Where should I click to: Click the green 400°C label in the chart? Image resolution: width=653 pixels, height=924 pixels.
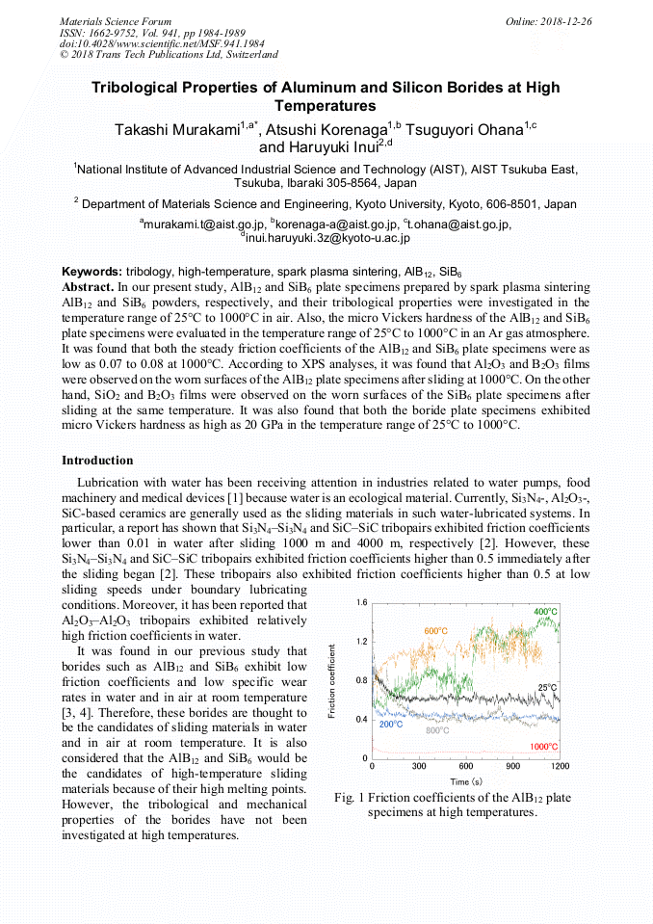[x=544, y=612]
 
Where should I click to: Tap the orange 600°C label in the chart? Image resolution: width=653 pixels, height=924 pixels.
[x=436, y=631]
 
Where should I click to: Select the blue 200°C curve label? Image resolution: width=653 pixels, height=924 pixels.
[x=390, y=724]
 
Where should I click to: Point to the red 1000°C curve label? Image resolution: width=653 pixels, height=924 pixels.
[x=543, y=747]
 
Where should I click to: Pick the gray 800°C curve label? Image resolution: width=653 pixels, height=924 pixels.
[x=437, y=731]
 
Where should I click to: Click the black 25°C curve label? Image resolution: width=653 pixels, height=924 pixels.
[x=547, y=687]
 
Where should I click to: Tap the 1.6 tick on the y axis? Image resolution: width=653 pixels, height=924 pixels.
[x=361, y=602]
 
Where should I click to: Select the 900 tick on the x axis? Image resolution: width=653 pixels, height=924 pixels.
[x=512, y=767]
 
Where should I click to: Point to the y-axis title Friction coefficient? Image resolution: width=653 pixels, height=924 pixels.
[x=332, y=680]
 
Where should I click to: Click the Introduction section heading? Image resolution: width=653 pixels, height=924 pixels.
[x=97, y=461]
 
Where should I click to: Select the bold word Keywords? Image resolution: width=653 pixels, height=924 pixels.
[x=91, y=274]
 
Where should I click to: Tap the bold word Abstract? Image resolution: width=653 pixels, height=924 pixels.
[x=88, y=287]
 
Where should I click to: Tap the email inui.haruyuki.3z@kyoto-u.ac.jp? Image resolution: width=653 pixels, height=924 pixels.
[x=327, y=237]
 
